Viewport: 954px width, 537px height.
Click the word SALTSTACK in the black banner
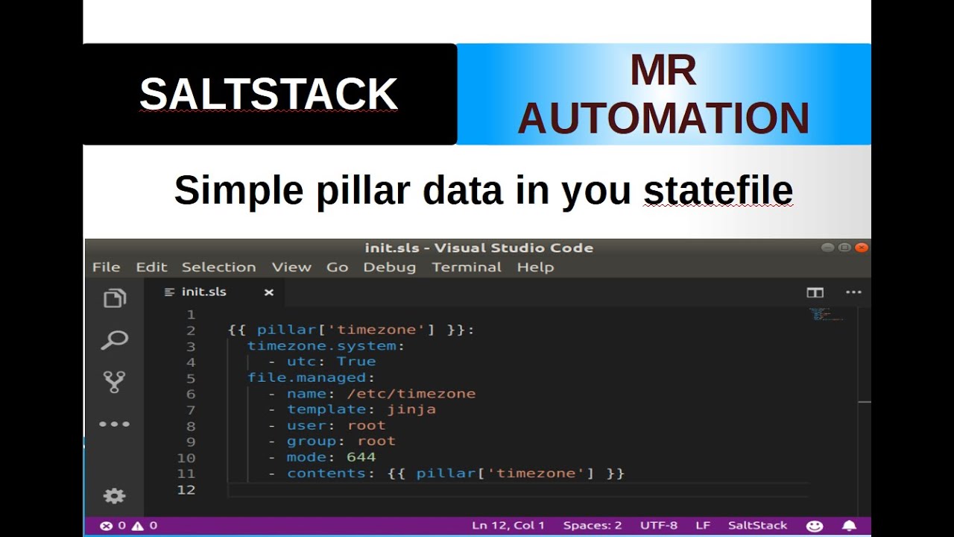268,95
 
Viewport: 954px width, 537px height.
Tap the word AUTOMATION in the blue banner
663,119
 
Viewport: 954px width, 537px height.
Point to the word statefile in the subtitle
718,191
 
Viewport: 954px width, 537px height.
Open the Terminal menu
467,267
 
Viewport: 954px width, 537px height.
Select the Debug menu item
389,267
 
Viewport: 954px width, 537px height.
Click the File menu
106,267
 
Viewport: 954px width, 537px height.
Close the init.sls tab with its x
269,292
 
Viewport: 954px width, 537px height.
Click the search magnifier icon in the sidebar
114,341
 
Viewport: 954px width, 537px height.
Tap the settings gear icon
114,496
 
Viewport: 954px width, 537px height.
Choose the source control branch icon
114,382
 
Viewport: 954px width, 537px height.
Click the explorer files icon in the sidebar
114,299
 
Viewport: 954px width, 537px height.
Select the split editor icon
815,292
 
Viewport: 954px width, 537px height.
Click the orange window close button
862,248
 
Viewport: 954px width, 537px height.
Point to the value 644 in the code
361,457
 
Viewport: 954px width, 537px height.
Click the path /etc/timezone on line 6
411,394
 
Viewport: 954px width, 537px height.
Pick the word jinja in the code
411,409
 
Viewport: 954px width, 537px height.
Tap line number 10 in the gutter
186,458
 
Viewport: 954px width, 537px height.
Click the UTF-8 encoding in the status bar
658,526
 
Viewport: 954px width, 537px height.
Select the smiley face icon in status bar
815,526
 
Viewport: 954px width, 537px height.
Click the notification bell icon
849,526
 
